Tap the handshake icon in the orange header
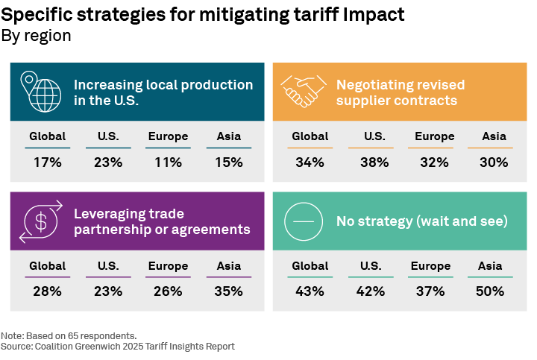click(x=303, y=92)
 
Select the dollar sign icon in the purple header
click(x=40, y=221)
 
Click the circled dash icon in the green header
click(x=303, y=221)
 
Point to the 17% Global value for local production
click(x=48, y=162)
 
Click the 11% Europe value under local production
click(x=168, y=162)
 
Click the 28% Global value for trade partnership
click(x=48, y=291)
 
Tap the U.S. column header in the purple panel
click(x=108, y=266)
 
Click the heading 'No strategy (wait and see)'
click(x=421, y=221)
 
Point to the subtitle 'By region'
click(x=36, y=36)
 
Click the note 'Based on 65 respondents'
click(x=69, y=336)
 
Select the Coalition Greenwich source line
click(x=118, y=347)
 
